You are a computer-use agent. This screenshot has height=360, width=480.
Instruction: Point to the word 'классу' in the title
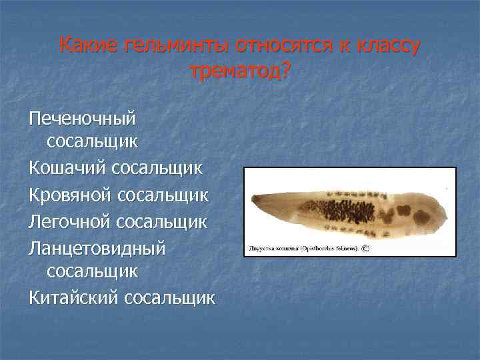[x=387, y=46]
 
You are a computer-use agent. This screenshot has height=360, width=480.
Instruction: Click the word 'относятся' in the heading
[x=273, y=46]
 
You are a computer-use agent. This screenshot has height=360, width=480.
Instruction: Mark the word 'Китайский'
[x=74, y=297]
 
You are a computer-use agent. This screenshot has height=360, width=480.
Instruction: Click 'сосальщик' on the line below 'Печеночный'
[x=93, y=141]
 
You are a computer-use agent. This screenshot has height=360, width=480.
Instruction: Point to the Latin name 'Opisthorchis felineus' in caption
[x=327, y=247]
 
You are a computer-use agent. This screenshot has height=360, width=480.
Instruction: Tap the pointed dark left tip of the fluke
[x=253, y=200]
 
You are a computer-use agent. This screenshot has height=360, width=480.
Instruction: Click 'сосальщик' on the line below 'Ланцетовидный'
[x=93, y=271]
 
